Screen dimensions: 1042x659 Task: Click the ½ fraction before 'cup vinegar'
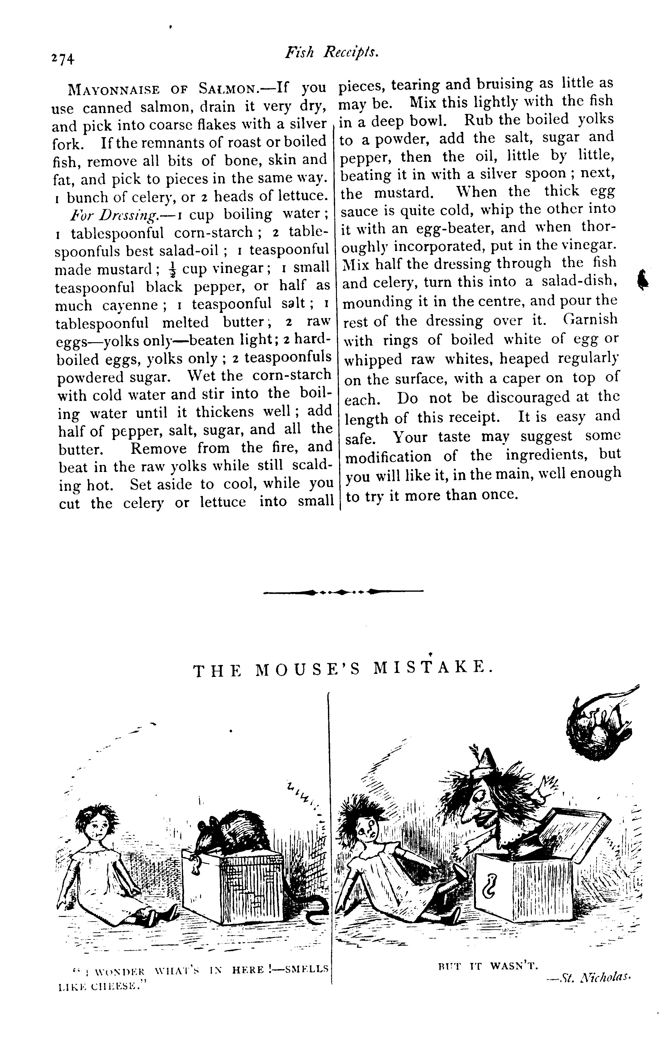[x=172, y=269]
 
